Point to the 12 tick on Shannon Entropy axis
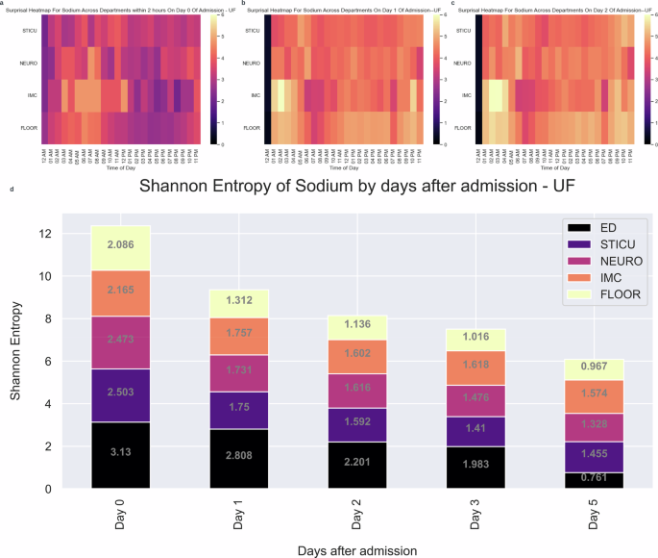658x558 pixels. coord(45,234)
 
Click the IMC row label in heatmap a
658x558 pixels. coord(27,95)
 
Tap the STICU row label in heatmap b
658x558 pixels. coord(252,33)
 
